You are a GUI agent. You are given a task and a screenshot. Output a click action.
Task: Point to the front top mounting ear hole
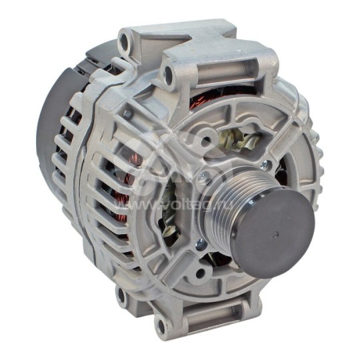coord(167,76)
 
